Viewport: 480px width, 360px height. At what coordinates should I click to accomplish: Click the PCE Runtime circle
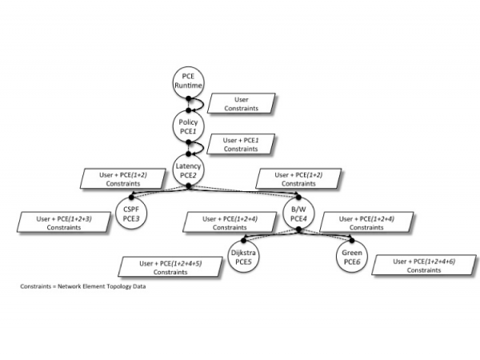click(x=188, y=82)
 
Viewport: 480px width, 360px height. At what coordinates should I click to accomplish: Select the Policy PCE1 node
click(x=188, y=126)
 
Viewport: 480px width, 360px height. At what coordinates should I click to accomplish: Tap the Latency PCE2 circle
click(x=188, y=170)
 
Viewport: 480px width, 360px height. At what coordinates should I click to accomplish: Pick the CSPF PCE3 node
click(x=131, y=214)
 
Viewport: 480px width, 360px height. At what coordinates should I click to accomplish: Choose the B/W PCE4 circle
click(x=298, y=214)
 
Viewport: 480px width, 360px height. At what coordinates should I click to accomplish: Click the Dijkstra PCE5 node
click(x=243, y=257)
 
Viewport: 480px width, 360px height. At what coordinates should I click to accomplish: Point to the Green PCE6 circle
click(x=352, y=257)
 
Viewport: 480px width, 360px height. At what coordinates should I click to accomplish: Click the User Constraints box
click(x=242, y=104)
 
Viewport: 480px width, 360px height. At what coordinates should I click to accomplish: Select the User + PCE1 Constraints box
click(x=241, y=144)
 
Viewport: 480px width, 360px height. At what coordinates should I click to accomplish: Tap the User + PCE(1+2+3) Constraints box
click(x=64, y=222)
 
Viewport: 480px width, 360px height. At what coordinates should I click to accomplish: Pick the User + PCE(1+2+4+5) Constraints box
click(x=170, y=267)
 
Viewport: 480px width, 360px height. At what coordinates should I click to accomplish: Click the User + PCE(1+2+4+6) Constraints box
click(x=424, y=266)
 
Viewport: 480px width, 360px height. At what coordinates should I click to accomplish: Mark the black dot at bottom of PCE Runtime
click(x=189, y=98)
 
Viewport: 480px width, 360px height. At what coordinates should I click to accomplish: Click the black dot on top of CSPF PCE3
click(x=132, y=197)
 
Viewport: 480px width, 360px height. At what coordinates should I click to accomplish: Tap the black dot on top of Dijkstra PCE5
click(x=244, y=241)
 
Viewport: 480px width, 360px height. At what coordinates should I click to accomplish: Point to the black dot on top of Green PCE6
click(x=352, y=241)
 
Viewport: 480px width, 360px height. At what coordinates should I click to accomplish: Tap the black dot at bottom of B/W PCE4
click(x=298, y=230)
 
